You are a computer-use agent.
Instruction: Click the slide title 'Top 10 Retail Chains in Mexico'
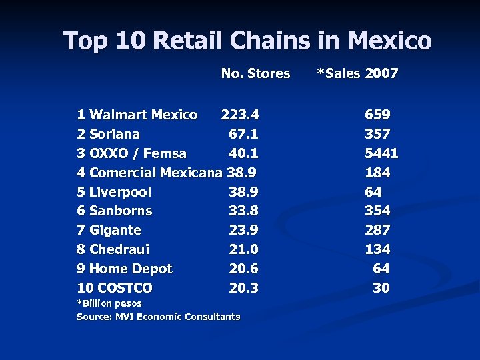pyautogui.click(x=247, y=41)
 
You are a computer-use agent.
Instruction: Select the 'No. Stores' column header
pyautogui.click(x=255, y=74)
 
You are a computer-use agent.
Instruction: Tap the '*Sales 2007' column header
pyautogui.click(x=357, y=74)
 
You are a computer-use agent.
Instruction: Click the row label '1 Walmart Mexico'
pyautogui.click(x=137, y=115)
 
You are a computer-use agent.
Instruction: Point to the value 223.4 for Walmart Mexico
pyautogui.click(x=240, y=115)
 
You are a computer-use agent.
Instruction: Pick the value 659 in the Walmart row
pyautogui.click(x=377, y=115)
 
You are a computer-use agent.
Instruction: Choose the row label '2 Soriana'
pyautogui.click(x=108, y=135)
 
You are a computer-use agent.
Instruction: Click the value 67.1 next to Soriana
pyautogui.click(x=243, y=135)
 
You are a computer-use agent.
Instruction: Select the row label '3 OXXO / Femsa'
pyautogui.click(x=131, y=154)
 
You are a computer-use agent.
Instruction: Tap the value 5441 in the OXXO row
pyautogui.click(x=381, y=154)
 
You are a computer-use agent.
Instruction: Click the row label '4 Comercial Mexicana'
pyautogui.click(x=149, y=173)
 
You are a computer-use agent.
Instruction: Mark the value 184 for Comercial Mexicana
pyautogui.click(x=377, y=173)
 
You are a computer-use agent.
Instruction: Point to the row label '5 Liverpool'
pyautogui.click(x=114, y=193)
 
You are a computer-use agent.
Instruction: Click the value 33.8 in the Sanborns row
pyautogui.click(x=243, y=211)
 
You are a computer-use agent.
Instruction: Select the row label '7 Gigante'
pyautogui.click(x=109, y=231)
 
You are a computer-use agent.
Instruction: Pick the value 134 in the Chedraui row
pyautogui.click(x=377, y=250)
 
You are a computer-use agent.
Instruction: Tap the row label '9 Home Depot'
pyautogui.click(x=124, y=269)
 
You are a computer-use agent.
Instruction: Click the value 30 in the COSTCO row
pyautogui.click(x=381, y=289)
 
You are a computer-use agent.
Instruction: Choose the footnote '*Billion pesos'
pyautogui.click(x=109, y=304)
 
